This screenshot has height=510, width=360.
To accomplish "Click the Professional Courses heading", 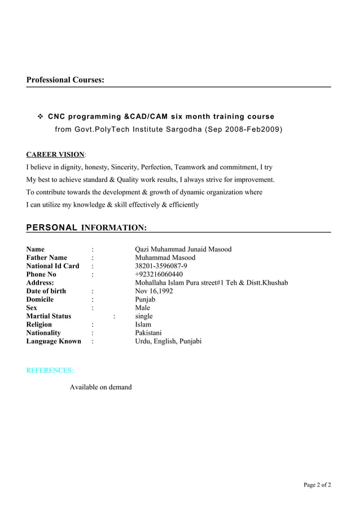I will click(65, 80).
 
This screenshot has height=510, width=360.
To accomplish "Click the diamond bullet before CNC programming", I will click(41, 117).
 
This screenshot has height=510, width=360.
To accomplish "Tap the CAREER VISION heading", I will click(55, 155).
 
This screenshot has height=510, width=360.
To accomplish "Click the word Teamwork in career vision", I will click(190, 167).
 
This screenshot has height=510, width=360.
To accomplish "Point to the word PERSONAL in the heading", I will click(52, 228).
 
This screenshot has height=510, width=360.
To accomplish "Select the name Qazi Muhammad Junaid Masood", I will click(183, 249).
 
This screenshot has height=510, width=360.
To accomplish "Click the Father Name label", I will click(47, 258).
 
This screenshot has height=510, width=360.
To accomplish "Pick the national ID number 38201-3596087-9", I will click(161, 266).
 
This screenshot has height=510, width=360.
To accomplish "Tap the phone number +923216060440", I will click(159, 274).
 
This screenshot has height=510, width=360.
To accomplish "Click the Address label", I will click(40, 282).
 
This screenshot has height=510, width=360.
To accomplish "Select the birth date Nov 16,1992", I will click(154, 291).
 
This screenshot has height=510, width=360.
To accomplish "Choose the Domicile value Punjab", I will click(145, 299).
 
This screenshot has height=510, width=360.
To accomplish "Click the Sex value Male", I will click(142, 308).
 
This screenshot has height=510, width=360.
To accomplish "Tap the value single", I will click(144, 316).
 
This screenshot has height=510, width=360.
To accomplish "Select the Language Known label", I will click(54, 341).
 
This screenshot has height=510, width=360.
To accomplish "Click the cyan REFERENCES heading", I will click(50, 370).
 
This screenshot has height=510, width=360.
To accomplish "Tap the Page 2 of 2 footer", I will click(317, 485).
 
